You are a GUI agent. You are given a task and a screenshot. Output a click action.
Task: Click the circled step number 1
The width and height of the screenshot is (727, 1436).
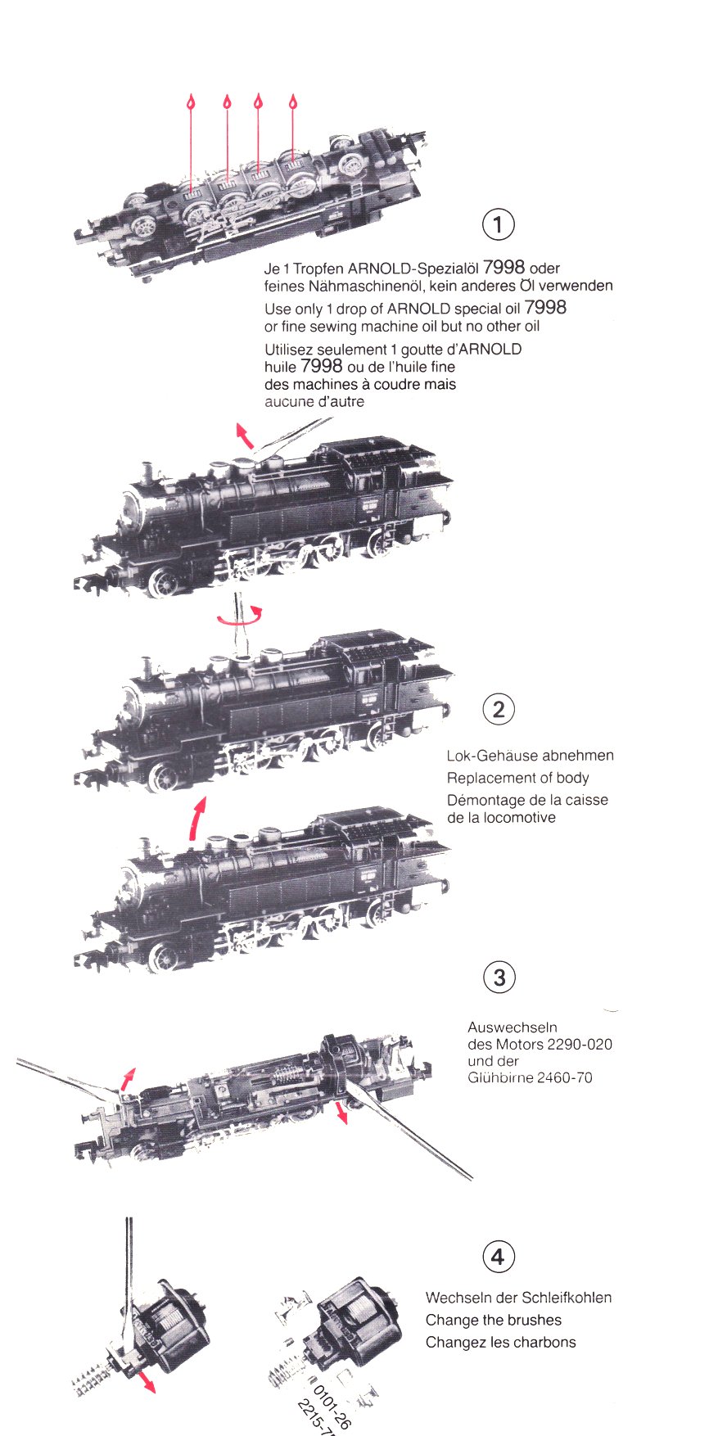499,224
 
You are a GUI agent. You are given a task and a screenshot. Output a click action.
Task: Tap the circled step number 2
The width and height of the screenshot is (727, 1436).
499,709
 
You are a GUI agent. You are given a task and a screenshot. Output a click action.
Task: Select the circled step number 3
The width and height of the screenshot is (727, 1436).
499,978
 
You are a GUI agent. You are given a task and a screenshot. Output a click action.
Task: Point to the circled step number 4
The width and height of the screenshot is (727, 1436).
499,1257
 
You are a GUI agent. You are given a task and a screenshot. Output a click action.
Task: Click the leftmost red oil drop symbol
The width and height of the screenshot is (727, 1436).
191,102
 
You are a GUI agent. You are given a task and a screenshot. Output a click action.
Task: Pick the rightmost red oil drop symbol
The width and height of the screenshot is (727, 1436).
293,102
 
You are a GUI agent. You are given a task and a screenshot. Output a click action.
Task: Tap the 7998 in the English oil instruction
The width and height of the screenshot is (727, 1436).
545,307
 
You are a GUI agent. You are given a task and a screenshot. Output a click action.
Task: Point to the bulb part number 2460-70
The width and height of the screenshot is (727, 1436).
564,1077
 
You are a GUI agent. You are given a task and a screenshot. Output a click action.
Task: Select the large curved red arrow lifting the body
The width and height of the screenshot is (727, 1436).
197,818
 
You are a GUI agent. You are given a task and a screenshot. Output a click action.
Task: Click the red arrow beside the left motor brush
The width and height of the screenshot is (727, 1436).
147,1383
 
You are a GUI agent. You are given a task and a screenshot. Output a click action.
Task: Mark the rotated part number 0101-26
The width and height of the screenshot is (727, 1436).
332,1403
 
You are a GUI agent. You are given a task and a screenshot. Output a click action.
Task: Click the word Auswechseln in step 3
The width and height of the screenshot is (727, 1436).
513,1027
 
